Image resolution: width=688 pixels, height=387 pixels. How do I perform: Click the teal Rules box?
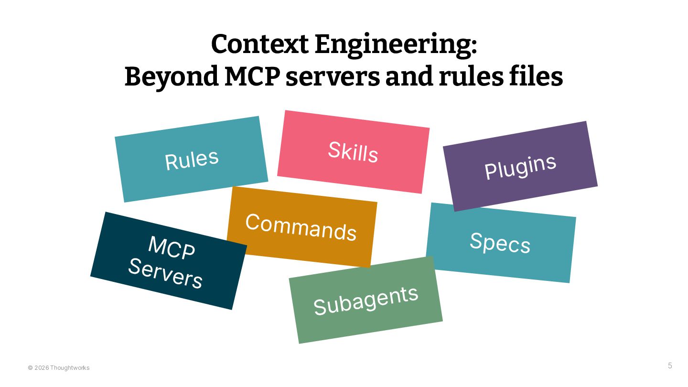pos(191,159)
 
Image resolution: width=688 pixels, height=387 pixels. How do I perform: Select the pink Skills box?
pos(353,152)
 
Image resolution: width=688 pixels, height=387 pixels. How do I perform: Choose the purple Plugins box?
pos(520,166)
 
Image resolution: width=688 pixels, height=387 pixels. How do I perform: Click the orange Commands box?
pos(301,227)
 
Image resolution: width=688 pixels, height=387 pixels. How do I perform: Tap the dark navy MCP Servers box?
pos(168,261)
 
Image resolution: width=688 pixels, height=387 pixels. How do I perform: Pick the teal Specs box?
pos(500,242)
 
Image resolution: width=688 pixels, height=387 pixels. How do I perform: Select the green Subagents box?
pos(365,300)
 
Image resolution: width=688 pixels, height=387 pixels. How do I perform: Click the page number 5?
pos(670,366)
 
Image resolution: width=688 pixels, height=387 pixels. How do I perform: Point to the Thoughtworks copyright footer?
pos(59,368)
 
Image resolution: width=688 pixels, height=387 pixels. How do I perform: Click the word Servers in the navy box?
pos(165,273)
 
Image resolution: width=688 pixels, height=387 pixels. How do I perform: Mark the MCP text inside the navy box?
pos(172,247)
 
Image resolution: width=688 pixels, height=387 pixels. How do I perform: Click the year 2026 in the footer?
pos(42,368)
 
